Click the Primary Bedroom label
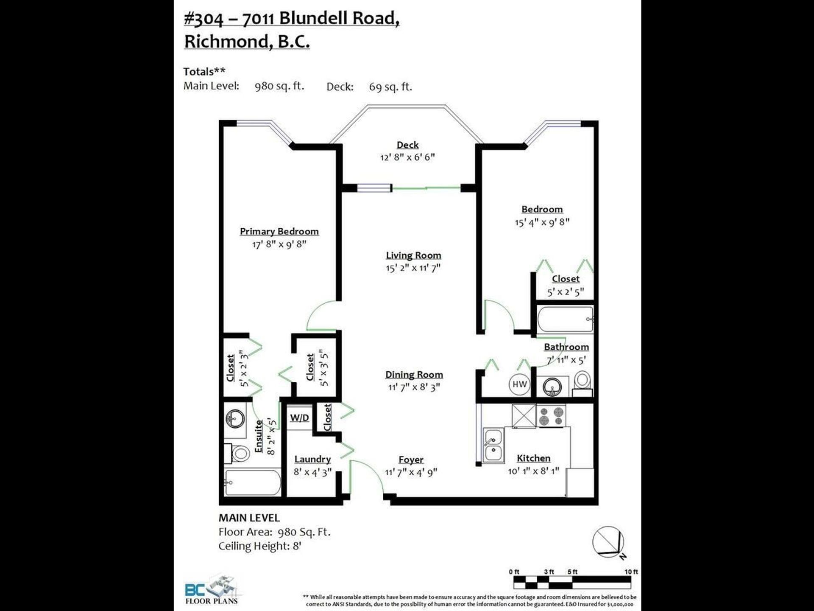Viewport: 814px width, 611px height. [279, 232]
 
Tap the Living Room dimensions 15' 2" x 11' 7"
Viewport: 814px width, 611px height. [413, 268]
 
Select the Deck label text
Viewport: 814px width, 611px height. [407, 145]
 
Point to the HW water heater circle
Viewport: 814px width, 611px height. [519, 384]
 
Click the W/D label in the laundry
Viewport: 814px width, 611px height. [299, 418]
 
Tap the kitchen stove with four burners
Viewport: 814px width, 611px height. [551, 415]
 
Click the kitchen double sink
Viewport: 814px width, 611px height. [493, 445]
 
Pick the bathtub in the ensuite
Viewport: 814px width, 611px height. [252, 482]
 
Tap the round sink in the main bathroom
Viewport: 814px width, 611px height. [552, 387]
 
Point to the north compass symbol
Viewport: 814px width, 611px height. [609, 542]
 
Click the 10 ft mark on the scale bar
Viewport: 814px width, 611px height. [631, 572]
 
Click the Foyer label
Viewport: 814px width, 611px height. [411, 460]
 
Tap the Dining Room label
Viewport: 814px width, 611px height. [414, 375]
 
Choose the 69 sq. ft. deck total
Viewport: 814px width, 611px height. [390, 87]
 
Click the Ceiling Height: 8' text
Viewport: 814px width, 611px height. [260, 546]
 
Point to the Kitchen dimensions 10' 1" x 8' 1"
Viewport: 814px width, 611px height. [533, 471]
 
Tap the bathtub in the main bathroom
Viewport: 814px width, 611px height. [565, 320]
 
